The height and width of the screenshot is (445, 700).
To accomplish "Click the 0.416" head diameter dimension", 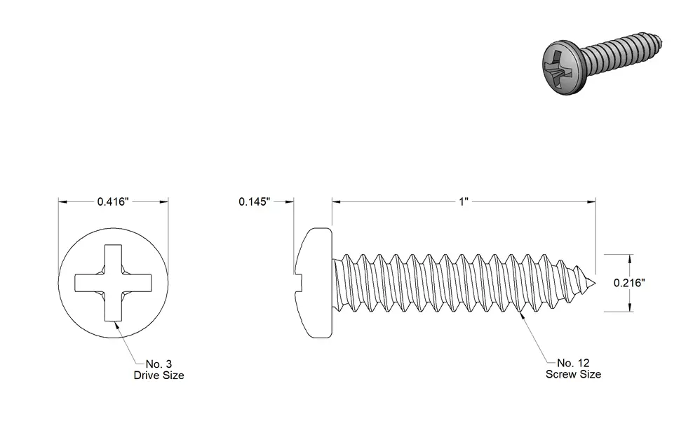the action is (113, 201).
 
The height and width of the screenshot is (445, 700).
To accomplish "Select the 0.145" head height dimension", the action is (255, 201).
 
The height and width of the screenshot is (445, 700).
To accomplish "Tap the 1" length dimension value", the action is (464, 201).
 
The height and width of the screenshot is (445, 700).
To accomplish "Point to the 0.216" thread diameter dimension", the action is (629, 283).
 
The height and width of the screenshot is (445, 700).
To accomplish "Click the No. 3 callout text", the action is (159, 364).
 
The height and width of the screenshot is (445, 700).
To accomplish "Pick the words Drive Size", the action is (159, 376).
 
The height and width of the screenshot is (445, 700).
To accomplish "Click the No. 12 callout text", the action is (573, 363).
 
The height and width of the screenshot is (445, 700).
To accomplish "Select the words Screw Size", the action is (573, 374).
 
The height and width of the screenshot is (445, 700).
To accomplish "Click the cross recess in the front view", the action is (113, 283).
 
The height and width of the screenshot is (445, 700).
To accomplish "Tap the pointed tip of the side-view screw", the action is (594, 282).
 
